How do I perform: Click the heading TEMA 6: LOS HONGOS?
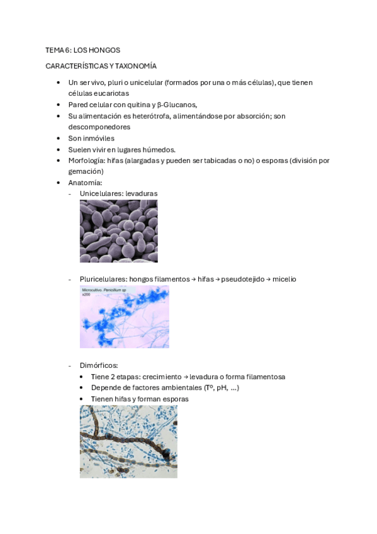(82, 49)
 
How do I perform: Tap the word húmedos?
(158, 149)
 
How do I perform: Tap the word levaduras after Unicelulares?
(142, 193)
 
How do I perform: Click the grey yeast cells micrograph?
(118, 230)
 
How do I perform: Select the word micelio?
(283, 279)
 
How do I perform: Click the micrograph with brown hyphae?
(128, 441)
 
